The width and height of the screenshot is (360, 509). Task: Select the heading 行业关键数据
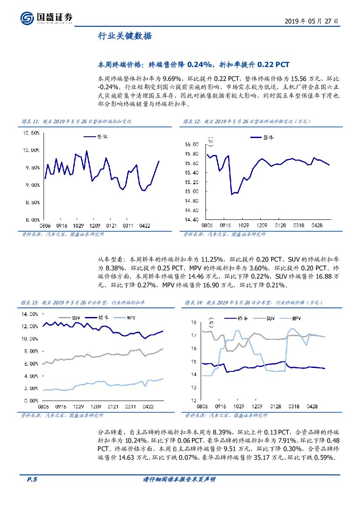(124, 37)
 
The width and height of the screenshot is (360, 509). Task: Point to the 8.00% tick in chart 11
(31, 220)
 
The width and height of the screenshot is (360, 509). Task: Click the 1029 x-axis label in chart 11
(78, 226)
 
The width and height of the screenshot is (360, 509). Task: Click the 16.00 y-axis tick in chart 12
(192, 144)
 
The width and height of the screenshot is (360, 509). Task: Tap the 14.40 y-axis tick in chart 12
(192, 220)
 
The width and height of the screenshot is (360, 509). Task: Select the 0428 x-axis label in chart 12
(316, 226)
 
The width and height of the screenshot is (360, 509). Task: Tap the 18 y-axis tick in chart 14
(194, 322)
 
